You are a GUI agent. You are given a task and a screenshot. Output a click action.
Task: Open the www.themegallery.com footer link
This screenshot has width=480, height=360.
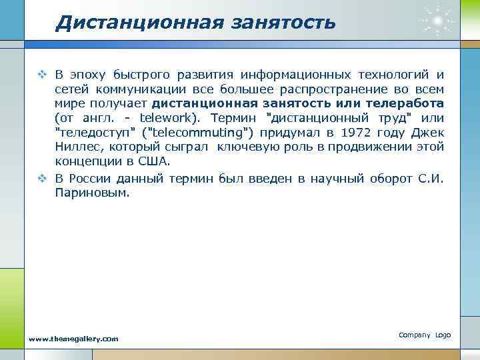73,339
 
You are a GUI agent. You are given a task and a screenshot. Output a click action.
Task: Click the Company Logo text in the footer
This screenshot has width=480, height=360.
425,334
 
